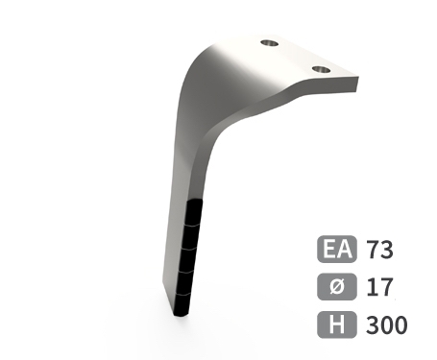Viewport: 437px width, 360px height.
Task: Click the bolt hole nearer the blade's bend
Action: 269,43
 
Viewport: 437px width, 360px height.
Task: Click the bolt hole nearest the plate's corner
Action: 321,69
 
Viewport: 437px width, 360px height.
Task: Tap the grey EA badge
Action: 337,249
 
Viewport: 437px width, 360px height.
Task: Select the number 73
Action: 379,250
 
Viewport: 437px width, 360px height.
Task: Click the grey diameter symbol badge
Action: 337,287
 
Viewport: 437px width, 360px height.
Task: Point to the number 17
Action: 379,287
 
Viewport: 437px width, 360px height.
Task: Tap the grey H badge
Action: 337,324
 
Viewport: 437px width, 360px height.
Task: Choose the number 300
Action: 387,324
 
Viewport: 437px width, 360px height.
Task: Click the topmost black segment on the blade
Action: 194,212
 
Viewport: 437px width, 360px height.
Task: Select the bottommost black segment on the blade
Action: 182,305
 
